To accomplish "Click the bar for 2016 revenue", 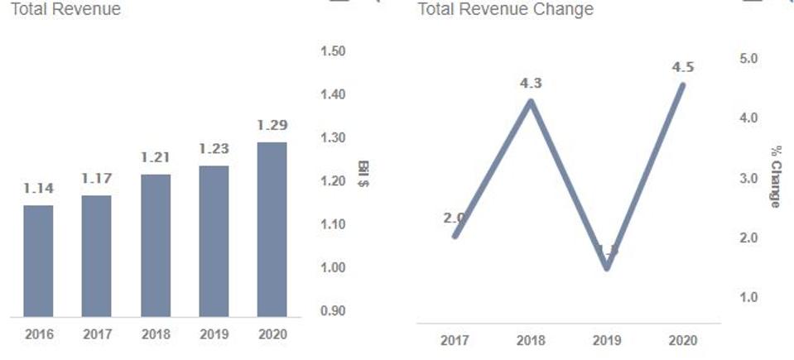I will click(38, 261).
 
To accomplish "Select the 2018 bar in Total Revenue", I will click(156, 246).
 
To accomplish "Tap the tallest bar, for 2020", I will click(272, 229).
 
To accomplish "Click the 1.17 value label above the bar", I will click(96, 178).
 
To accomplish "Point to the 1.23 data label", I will click(214, 149).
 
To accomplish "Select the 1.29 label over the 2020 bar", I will click(272, 125).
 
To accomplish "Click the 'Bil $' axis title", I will click(363, 173).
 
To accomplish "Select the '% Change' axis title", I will click(775, 176).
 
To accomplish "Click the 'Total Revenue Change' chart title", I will click(505, 10).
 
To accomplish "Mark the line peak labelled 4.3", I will click(530, 101).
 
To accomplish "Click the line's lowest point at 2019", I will click(607, 267).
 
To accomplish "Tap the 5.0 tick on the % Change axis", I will click(748, 59).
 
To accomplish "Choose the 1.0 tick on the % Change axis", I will click(748, 297).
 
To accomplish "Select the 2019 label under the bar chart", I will click(214, 335).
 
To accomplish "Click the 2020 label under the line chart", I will click(683, 341).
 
